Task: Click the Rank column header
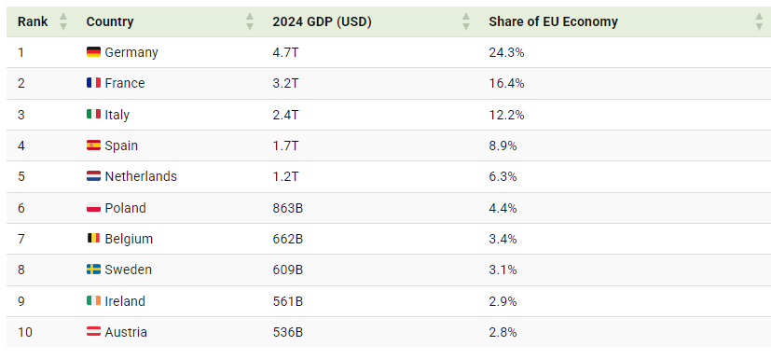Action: coord(33,21)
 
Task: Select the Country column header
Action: coord(110,21)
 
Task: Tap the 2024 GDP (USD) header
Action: coord(322,21)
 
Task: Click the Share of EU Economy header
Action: coord(553,21)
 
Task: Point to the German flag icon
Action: coord(93,51)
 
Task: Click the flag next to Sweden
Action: coord(93,269)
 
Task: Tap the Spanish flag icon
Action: coord(93,145)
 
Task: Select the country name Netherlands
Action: coord(141,176)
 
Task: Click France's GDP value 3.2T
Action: coord(285,83)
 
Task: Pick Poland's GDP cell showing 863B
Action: coord(288,208)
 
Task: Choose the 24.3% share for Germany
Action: coord(506,52)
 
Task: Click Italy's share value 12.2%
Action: coord(506,115)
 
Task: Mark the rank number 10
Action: coord(25,332)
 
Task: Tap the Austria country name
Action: coord(126,332)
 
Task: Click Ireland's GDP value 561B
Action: coord(288,301)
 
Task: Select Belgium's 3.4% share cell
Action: coord(503,239)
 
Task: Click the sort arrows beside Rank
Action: coord(63,21)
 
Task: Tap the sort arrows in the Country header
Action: coord(250,21)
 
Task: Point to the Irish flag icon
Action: coord(93,300)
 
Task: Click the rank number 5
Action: coord(21,176)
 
